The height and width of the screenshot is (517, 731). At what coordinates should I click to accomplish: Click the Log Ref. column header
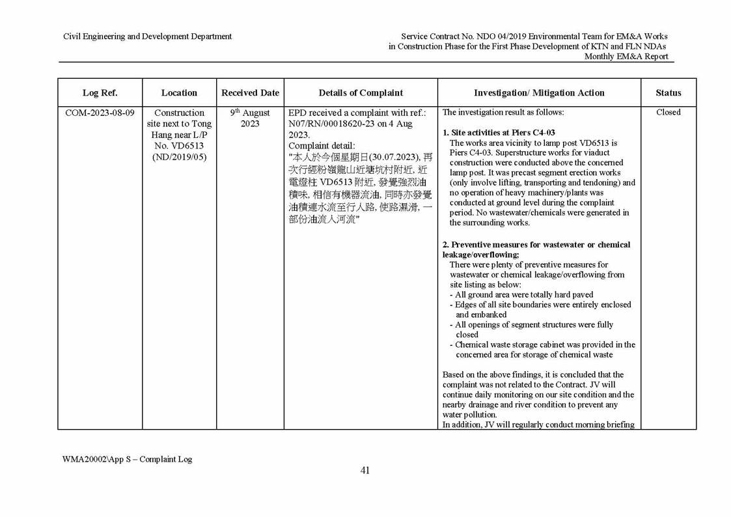pos(100,92)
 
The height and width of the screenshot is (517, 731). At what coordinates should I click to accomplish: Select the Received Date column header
pos(250,92)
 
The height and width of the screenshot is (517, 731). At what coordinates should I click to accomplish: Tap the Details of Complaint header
pos(361,92)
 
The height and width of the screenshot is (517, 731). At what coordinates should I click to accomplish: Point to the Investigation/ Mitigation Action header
pos(539,92)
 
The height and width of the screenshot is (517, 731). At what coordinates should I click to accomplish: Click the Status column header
pos(668,92)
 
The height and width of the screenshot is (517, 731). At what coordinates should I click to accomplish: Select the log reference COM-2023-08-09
pos(100,113)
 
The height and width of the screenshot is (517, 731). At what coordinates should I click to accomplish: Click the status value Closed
pos(668,112)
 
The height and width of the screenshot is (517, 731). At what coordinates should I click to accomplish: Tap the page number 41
pos(365,471)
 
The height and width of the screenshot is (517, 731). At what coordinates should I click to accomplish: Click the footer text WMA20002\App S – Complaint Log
pos(127,458)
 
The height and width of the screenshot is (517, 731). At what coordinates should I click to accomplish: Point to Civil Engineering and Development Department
pos(147,36)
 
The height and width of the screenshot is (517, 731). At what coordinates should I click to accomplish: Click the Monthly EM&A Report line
pos(626,57)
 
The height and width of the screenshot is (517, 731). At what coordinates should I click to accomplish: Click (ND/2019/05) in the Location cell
pos(179,157)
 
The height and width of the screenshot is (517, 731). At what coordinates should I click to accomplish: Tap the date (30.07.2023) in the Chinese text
pos(387,158)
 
